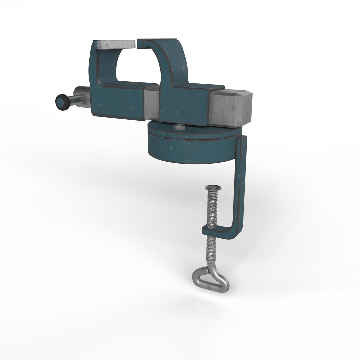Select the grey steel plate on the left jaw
tap(115, 44)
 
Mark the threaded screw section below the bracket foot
tap(212, 250)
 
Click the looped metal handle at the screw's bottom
tap(211, 278)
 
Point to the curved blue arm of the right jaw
tap(173, 60)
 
